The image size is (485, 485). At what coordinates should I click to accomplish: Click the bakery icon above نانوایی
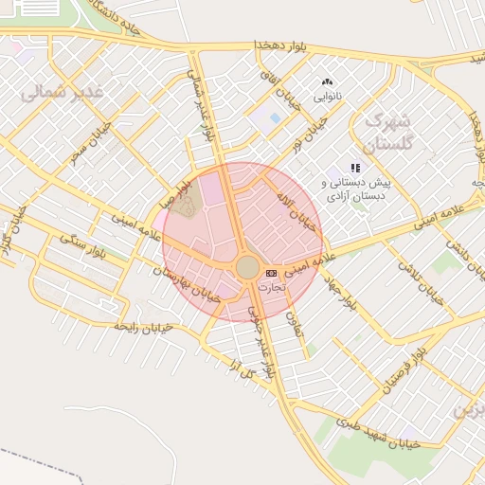point(328,82)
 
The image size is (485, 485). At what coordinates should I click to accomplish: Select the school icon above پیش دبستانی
point(356,168)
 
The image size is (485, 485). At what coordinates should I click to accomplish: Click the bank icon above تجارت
point(273,272)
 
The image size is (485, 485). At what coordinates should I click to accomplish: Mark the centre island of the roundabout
point(248,268)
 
